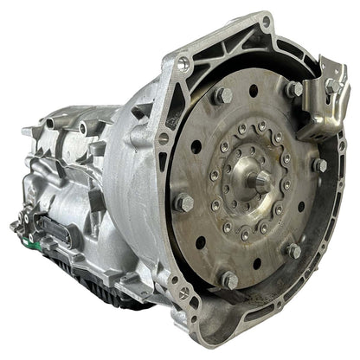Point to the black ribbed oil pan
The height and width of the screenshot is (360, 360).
point(104,286)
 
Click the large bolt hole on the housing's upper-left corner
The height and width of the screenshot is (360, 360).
point(183,62)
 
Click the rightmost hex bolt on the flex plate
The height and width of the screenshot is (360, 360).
point(320,164)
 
